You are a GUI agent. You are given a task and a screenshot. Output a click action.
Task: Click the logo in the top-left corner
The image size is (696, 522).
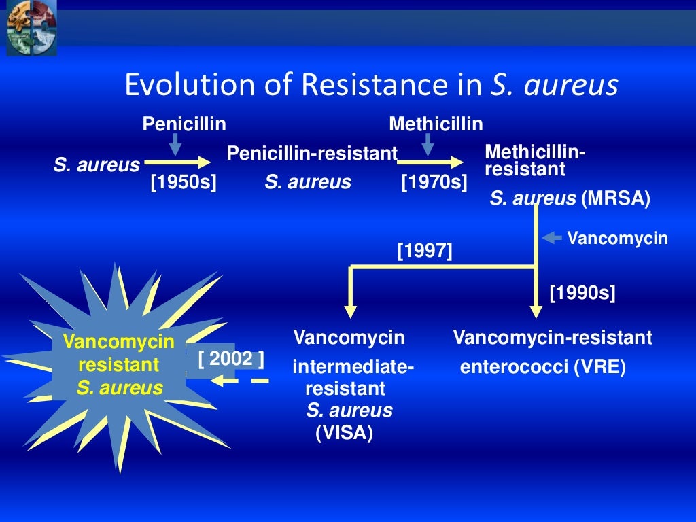(31, 27)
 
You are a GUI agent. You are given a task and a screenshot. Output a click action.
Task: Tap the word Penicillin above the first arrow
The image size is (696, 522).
(184, 124)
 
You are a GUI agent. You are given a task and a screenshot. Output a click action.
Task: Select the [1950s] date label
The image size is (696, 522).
(183, 182)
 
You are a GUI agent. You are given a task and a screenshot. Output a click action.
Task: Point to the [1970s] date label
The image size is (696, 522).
(434, 182)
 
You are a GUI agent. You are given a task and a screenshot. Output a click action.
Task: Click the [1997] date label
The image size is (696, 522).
(425, 251)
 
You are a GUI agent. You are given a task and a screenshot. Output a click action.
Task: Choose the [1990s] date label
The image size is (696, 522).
(582, 294)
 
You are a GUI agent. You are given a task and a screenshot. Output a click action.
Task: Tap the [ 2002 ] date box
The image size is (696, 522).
(231, 359)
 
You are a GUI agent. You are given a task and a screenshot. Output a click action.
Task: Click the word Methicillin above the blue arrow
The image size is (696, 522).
(436, 124)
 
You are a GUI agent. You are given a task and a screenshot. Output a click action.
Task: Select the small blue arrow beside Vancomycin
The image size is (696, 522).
(551, 238)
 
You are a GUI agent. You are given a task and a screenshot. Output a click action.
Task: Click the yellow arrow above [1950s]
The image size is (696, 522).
(178, 162)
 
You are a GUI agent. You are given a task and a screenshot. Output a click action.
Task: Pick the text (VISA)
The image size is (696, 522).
(345, 433)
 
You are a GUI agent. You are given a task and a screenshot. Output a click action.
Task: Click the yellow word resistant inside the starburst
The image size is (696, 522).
(119, 365)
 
